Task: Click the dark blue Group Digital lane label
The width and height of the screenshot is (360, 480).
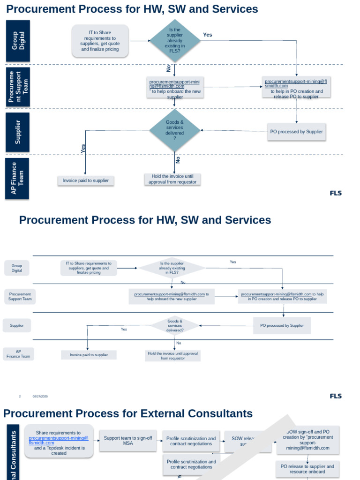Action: (18, 41)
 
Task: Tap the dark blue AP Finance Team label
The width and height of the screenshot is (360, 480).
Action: (17, 178)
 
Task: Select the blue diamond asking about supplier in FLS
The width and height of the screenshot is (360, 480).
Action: (174, 41)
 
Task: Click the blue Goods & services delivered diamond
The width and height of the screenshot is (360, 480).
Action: (174, 130)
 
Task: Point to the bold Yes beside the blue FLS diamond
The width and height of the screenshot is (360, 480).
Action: (208, 35)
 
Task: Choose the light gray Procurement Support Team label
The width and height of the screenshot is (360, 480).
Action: (20, 297)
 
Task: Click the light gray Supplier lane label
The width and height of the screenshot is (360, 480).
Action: (17, 325)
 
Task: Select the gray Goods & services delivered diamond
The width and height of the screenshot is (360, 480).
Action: (175, 325)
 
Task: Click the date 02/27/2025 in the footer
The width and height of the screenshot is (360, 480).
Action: (40, 397)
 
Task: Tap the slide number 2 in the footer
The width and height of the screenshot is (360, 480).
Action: (20, 397)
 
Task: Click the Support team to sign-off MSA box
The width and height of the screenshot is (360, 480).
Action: (128, 441)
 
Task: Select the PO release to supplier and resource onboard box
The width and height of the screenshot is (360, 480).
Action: (307, 469)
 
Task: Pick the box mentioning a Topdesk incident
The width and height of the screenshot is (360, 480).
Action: (59, 443)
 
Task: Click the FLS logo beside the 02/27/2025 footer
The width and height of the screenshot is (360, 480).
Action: (336, 396)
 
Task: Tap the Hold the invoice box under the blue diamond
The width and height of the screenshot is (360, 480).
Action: (172, 179)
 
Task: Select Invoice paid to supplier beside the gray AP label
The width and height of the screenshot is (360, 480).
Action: (89, 355)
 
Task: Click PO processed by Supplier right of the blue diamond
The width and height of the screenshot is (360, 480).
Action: (296, 132)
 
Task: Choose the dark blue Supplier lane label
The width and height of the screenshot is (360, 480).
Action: (18, 132)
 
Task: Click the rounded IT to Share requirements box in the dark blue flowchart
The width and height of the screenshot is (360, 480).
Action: (100, 41)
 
